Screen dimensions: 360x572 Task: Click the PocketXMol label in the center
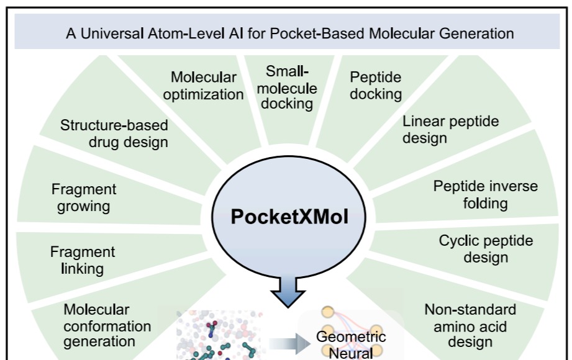click(289, 216)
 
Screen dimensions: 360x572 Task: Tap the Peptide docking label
click(375, 86)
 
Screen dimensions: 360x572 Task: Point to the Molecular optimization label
click(207, 86)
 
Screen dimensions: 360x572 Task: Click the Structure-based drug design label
click(114, 133)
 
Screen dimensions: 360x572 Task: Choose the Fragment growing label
click(84, 197)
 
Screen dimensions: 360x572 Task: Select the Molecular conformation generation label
click(99, 325)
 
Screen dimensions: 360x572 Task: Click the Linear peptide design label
click(450, 129)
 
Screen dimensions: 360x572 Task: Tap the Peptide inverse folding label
click(485, 194)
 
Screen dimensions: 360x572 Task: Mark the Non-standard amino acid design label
click(470, 325)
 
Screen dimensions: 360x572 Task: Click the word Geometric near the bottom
click(351, 337)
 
